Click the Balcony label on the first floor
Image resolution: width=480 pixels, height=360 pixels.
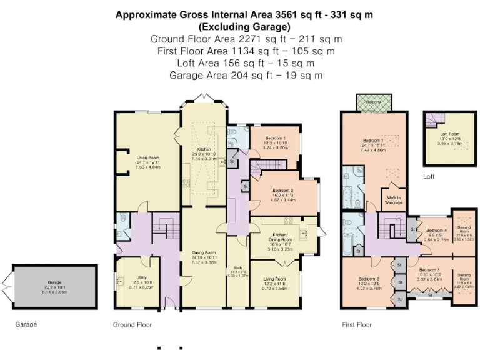coord(374,102)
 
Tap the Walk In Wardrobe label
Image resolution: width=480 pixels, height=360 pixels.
coord(393,201)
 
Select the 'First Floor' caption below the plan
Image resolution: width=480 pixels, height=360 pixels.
coord(357,325)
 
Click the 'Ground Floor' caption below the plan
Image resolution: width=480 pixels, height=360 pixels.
coord(132,325)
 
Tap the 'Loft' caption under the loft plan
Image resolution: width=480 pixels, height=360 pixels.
coord(428,177)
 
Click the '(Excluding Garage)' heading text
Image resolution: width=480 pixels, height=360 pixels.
coord(244,27)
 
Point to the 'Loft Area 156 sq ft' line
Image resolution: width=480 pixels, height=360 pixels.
coord(244,62)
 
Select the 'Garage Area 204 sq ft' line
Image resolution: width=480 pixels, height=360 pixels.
coord(244,75)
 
